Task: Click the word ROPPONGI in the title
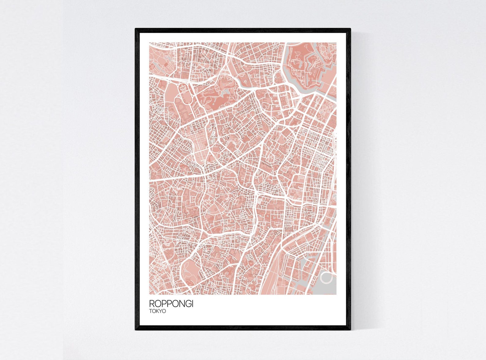[x=171, y=304]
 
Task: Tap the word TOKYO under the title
[x=157, y=311]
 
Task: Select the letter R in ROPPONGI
[x=152, y=304]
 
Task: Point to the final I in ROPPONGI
[x=192, y=304]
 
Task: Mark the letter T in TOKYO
[x=151, y=311]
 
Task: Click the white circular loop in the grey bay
[x=326, y=278]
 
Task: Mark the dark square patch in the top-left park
[x=166, y=65]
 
